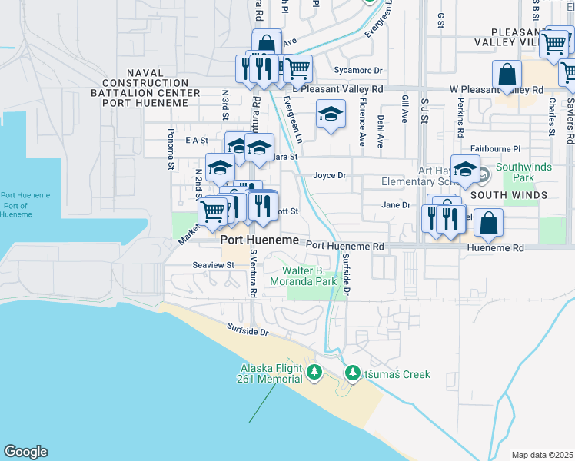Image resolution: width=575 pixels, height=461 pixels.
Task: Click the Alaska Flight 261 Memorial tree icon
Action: coord(314,373)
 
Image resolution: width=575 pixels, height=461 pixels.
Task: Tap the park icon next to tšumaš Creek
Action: coord(353,373)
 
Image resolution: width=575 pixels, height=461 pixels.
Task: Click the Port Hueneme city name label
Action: coord(259,240)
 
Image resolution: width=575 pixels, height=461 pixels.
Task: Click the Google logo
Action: coord(25,452)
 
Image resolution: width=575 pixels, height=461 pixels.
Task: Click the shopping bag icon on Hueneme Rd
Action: coord(488,224)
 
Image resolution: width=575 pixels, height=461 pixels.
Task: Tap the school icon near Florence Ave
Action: coord(331,116)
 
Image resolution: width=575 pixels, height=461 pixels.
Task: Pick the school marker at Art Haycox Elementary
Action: coord(465,168)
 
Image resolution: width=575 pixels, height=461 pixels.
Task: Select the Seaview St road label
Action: coord(213,264)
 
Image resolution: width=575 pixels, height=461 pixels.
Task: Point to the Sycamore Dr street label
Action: coord(358,71)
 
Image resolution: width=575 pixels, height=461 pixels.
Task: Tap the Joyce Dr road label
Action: coord(331,175)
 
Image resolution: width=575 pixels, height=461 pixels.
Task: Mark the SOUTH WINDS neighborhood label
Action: coord(509,195)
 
